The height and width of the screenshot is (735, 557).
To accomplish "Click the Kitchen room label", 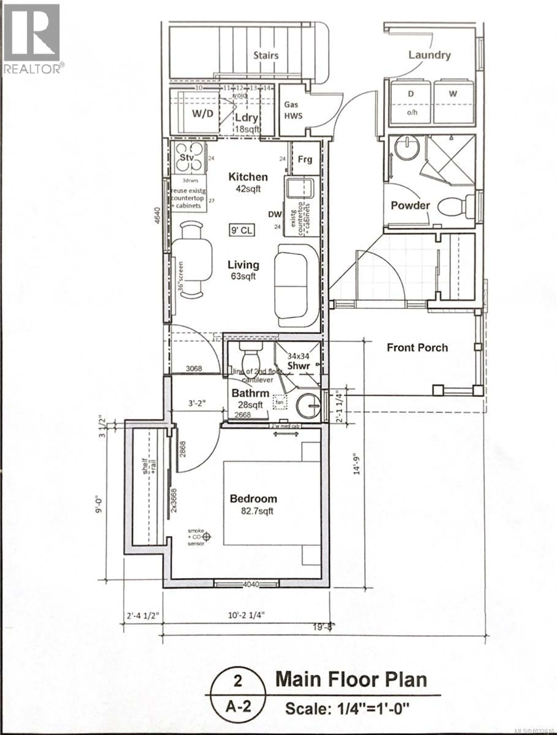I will (248, 177).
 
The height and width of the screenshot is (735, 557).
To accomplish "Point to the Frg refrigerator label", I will (305, 160).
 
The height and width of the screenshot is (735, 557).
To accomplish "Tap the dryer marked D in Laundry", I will (411, 94).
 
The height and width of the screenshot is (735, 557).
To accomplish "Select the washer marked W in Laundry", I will (453, 94).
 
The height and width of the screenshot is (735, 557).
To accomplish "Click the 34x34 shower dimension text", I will (298, 356).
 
